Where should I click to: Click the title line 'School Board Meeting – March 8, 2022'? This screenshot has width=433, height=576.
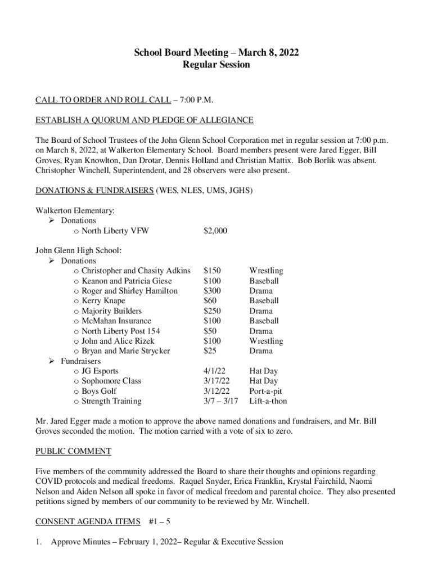point(216,53)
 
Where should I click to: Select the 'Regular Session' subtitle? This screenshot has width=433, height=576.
point(216,65)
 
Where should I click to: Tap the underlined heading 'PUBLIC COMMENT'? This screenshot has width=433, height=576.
point(73,451)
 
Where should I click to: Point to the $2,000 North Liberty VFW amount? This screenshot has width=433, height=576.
point(215,231)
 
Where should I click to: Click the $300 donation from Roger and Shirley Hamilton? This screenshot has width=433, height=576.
point(213,291)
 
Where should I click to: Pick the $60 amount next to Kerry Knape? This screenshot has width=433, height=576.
point(210,301)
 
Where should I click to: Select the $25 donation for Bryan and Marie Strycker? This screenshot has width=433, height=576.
point(210,351)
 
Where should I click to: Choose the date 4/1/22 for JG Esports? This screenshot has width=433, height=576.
point(215,371)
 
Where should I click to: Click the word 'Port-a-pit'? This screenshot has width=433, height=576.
point(266,391)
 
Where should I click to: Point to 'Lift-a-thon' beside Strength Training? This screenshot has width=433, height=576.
point(268,402)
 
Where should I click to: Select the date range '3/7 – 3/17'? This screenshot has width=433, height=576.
point(221,402)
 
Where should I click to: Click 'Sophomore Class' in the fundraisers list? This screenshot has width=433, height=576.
point(111,381)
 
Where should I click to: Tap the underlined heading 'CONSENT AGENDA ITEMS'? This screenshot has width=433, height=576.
point(88,522)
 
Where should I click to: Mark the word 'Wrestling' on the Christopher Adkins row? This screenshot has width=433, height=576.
point(267,271)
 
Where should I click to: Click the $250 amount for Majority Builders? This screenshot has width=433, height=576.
point(213,311)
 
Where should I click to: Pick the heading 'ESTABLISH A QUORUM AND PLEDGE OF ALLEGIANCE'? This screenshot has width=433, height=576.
point(145,120)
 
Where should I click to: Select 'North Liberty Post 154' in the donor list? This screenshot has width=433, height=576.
point(121,331)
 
